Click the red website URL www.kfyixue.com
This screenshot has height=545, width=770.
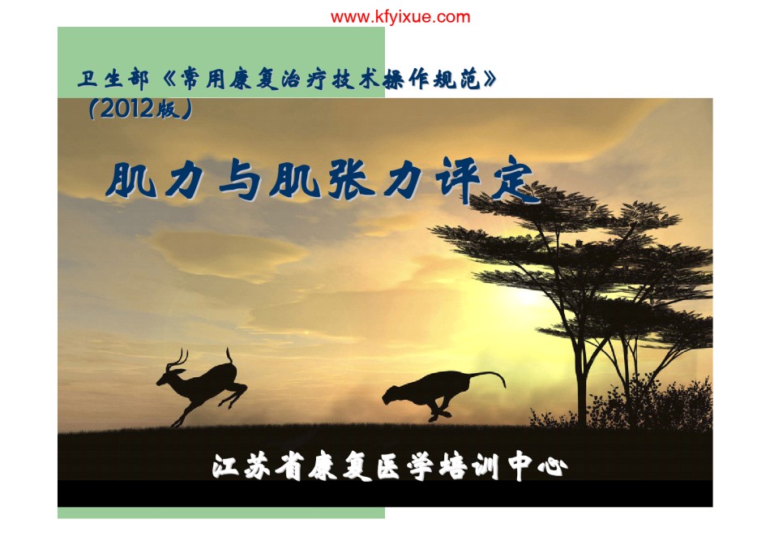coord(400,17)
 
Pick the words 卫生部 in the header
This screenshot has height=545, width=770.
coord(113,79)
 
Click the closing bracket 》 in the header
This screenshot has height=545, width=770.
coord(490,79)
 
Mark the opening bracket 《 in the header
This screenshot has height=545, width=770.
coord(168,79)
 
